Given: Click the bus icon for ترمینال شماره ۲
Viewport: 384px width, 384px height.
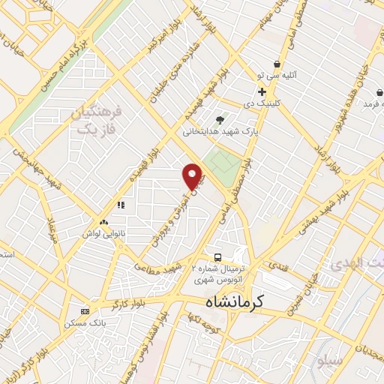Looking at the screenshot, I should (x=217, y=256).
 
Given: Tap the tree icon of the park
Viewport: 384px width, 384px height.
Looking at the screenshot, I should (x=220, y=119).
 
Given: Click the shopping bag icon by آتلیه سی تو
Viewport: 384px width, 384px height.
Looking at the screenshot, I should (x=277, y=64).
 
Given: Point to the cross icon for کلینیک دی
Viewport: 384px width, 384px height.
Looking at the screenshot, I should (x=262, y=91).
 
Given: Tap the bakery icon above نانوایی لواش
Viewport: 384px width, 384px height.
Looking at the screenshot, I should (x=103, y=222).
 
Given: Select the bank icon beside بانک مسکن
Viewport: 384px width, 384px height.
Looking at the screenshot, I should (x=85, y=311).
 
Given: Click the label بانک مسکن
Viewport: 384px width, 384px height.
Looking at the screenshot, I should (x=85, y=322).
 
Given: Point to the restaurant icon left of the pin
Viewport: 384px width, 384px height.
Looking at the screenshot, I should (x=120, y=205).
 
